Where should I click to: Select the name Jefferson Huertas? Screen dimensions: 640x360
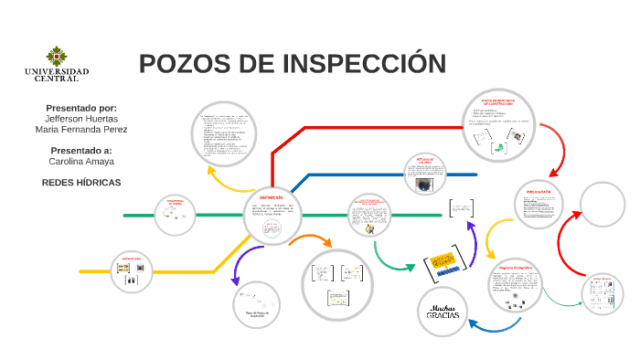[81, 119]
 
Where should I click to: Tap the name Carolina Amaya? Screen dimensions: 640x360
[81, 161]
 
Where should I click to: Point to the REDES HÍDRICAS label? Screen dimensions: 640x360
[81, 182]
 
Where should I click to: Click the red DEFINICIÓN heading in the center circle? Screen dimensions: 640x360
[272, 197]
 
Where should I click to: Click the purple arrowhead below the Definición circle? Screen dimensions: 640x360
[237, 281]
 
